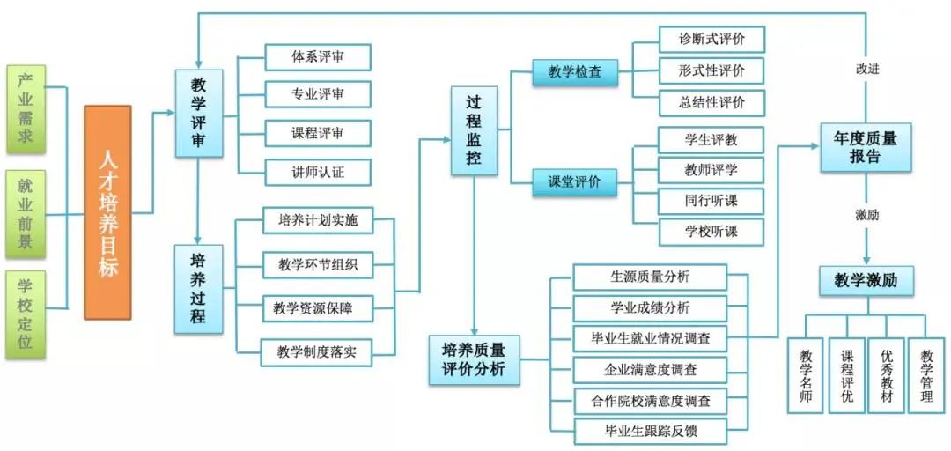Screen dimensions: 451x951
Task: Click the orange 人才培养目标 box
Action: click(x=107, y=212)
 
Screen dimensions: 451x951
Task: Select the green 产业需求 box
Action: click(x=26, y=107)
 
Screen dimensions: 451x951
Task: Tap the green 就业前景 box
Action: click(x=26, y=212)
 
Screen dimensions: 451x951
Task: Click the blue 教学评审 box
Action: click(x=198, y=114)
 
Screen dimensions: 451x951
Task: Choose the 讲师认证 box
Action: click(x=318, y=172)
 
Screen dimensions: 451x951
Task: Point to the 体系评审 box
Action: click(x=318, y=57)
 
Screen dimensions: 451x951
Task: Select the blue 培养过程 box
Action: click(x=198, y=288)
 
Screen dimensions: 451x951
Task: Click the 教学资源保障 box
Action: click(x=318, y=308)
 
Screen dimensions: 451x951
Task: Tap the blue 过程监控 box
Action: click(x=474, y=130)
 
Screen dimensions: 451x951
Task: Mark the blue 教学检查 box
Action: click(x=575, y=72)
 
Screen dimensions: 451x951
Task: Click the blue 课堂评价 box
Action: click(x=575, y=182)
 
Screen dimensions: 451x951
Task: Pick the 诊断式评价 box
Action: click(x=711, y=40)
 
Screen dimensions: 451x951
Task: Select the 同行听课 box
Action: click(x=711, y=201)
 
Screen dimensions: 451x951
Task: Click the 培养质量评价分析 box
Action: click(x=474, y=359)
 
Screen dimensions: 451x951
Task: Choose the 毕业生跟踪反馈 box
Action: click(x=651, y=432)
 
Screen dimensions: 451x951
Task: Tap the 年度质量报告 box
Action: click(x=866, y=147)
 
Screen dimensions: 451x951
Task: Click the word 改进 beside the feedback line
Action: click(x=866, y=68)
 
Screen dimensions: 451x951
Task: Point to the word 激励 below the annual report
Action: click(x=866, y=214)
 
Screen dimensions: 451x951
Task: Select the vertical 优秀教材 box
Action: click(x=886, y=376)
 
